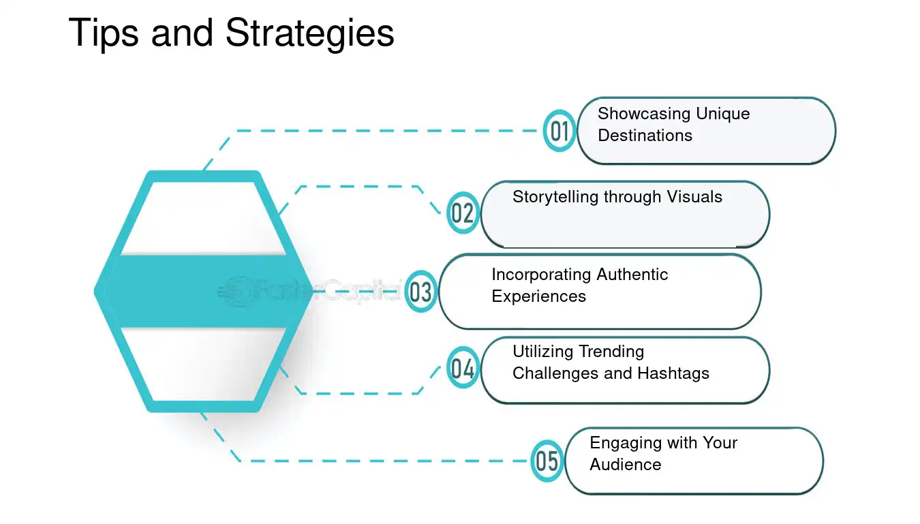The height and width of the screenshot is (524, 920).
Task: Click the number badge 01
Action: [x=559, y=131]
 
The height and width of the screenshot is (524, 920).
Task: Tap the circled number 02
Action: [x=463, y=213]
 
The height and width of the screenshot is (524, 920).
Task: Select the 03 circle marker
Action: [x=421, y=292]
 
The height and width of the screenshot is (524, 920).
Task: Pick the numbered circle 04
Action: [x=463, y=367]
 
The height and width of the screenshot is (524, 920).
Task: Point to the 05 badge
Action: [x=547, y=461]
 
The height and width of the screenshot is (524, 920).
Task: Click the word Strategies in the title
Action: [x=310, y=33]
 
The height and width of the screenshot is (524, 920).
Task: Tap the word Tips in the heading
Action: [x=104, y=33]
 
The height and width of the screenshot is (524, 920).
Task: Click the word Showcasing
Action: [x=641, y=114]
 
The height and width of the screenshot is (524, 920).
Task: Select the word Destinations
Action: [x=645, y=136]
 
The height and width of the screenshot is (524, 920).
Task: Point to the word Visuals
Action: [x=694, y=197]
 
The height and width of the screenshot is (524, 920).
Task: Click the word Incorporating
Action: [x=541, y=275]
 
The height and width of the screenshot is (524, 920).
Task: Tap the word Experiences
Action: [x=539, y=297]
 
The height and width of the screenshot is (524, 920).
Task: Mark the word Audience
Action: [x=626, y=465]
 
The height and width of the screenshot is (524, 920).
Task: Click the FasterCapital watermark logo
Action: [x=309, y=291]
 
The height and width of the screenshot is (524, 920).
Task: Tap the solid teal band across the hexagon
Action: [x=203, y=292]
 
